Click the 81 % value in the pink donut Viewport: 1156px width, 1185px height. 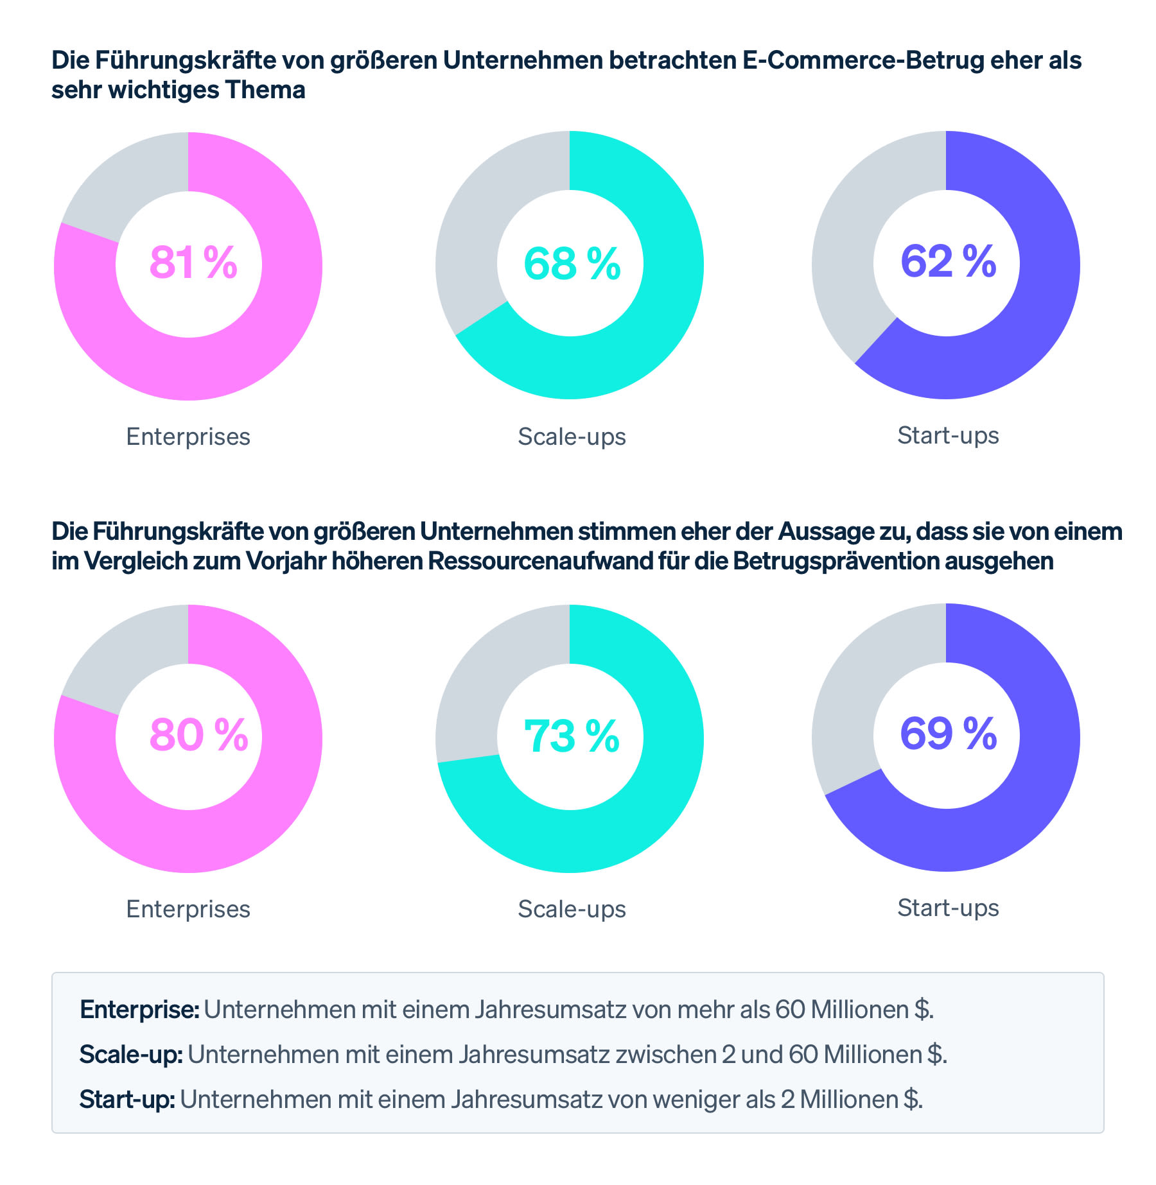coord(193,263)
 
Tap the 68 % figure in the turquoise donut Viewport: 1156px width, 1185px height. coord(572,263)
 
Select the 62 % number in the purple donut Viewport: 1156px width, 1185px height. coord(948,262)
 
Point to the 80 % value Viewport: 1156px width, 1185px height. coord(198,735)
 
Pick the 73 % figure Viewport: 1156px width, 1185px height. coord(572,736)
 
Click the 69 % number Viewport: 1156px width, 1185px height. coord(948,734)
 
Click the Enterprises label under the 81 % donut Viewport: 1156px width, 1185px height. coord(188,437)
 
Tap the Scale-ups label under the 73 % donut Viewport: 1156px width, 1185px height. coord(572,909)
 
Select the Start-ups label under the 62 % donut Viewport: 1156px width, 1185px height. coord(948,435)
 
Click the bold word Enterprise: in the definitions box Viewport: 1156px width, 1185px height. coord(139,1010)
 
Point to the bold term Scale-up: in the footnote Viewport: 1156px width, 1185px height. coord(131,1054)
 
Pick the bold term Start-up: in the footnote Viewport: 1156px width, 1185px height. coord(127,1099)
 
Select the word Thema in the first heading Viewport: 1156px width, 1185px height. coord(265,90)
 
